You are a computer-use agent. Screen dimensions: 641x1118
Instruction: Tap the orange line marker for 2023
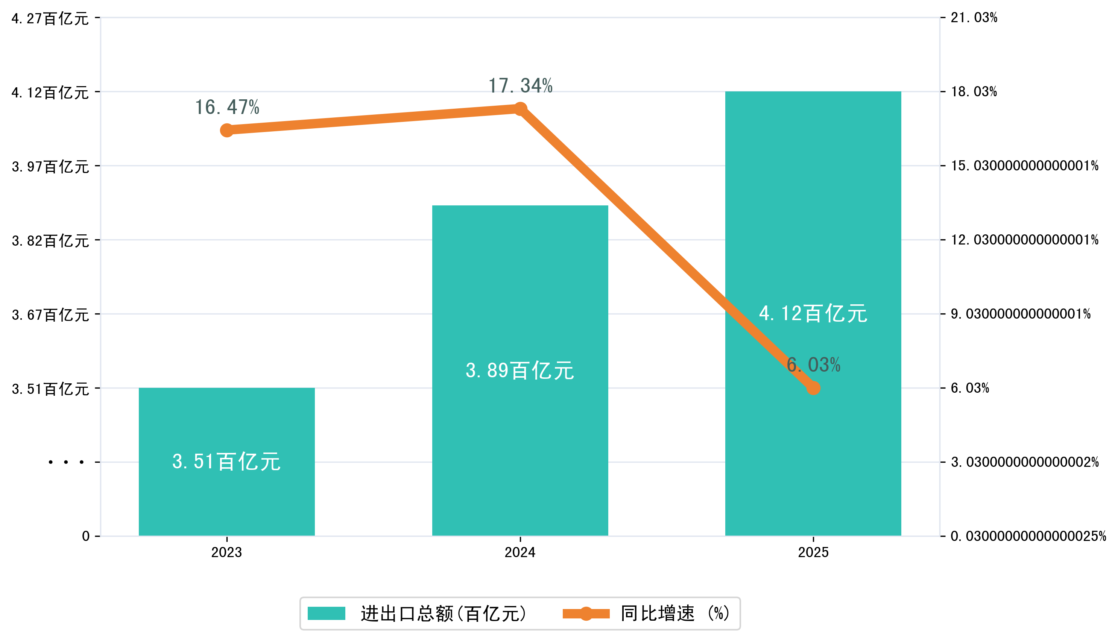point(227,130)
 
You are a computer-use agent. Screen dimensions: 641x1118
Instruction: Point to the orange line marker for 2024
point(520,109)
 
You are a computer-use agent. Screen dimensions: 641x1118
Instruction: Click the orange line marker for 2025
point(813,388)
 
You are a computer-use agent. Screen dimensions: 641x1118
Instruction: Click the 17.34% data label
point(520,86)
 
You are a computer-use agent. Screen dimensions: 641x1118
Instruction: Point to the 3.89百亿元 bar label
point(520,371)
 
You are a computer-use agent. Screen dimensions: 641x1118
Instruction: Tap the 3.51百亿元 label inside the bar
point(227,462)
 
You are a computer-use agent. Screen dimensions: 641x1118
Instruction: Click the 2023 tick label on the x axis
point(227,552)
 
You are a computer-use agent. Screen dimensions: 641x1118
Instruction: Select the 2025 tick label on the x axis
point(813,552)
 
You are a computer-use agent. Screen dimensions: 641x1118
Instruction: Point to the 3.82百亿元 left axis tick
point(50,241)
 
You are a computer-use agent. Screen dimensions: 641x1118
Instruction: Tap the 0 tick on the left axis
point(86,536)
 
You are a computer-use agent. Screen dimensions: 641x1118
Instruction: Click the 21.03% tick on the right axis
point(974,18)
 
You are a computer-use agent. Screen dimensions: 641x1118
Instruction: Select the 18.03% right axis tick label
point(974,91)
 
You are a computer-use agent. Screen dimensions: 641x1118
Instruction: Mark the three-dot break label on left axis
point(66,462)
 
